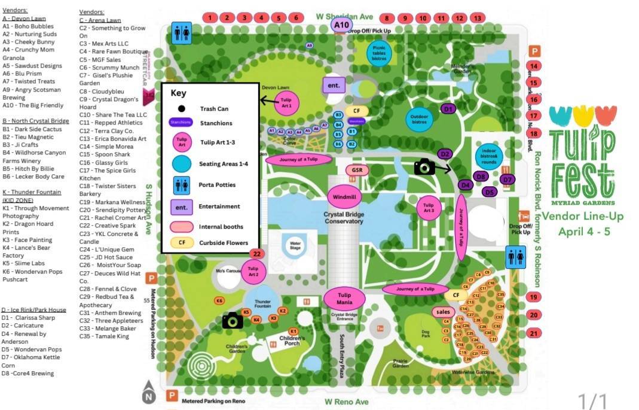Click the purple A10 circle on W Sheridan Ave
[341, 25]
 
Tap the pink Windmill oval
[344, 196]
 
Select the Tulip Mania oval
[344, 298]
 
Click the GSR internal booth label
[357, 170]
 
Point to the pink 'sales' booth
[444, 312]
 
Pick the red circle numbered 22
[256, 254]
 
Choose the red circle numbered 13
[477, 18]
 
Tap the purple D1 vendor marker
[448, 109]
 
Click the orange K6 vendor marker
[220, 300]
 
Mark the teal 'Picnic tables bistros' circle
[379, 53]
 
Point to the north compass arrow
[148, 392]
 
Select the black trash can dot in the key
[181, 109]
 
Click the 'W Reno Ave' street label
[347, 402]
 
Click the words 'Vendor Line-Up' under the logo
[583, 217]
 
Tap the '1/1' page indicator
[592, 400]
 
